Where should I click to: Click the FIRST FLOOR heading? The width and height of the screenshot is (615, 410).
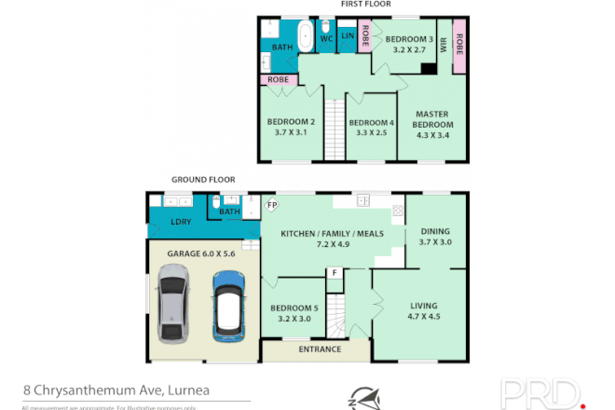click(364, 5)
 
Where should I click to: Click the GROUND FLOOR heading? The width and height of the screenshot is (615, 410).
click(203, 179)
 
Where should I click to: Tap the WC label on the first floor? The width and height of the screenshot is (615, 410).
click(327, 39)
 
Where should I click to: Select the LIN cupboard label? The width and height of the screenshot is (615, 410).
click(348, 36)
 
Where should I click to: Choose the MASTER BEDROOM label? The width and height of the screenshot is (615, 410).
click(432, 119)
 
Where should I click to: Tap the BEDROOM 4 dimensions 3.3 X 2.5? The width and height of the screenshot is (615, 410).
click(372, 132)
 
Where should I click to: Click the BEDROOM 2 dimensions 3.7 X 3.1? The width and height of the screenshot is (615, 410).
click(292, 132)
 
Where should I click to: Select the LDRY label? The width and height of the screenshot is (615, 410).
click(182, 223)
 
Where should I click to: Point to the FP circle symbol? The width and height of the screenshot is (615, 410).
click(273, 205)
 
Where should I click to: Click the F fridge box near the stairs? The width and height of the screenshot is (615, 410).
click(333, 272)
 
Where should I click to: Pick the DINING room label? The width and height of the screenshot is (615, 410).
click(435, 231)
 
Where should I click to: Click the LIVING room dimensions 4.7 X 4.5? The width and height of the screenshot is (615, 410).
click(422, 316)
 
